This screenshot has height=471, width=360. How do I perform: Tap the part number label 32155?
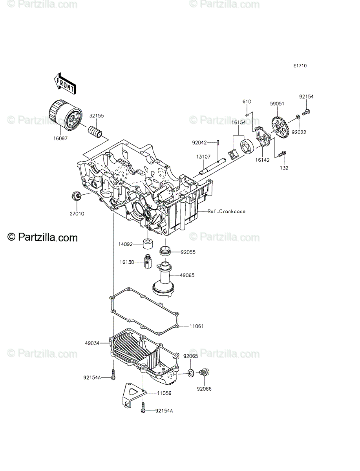tap(97, 116)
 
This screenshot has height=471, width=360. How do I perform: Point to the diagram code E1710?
tap(300, 66)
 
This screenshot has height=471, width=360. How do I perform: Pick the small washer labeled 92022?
tap(298, 117)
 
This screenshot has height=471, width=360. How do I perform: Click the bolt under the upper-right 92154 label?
tap(306, 112)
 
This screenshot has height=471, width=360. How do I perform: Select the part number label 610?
tap(247, 101)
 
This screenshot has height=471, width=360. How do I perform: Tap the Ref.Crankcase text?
tap(227, 211)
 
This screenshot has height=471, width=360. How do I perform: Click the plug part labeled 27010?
tap(76, 195)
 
